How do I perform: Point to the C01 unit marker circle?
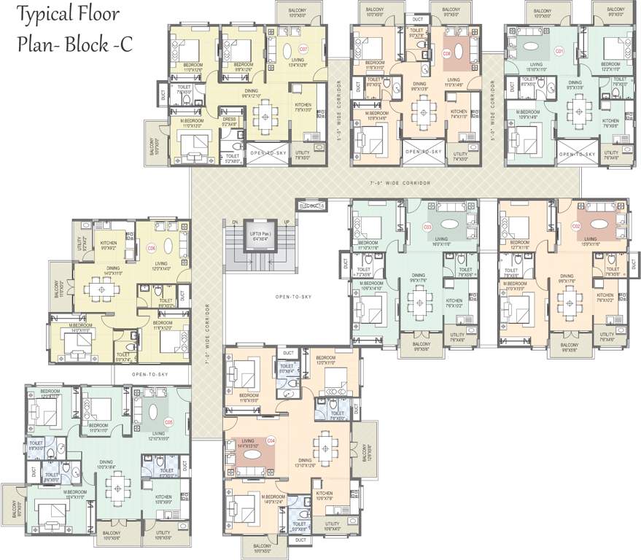pos(559,51)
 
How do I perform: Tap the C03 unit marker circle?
pos(428,227)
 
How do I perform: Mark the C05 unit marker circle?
pos(168,421)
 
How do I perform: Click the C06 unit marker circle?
pos(152,248)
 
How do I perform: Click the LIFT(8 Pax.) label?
pos(259,233)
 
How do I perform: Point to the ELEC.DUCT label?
pos(311,206)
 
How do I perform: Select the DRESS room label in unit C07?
pos(229,120)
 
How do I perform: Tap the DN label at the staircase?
pos(234,222)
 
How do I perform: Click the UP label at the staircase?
pos(286,222)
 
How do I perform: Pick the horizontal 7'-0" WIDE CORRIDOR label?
pos(400,182)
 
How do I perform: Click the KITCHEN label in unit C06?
pos(109,244)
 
